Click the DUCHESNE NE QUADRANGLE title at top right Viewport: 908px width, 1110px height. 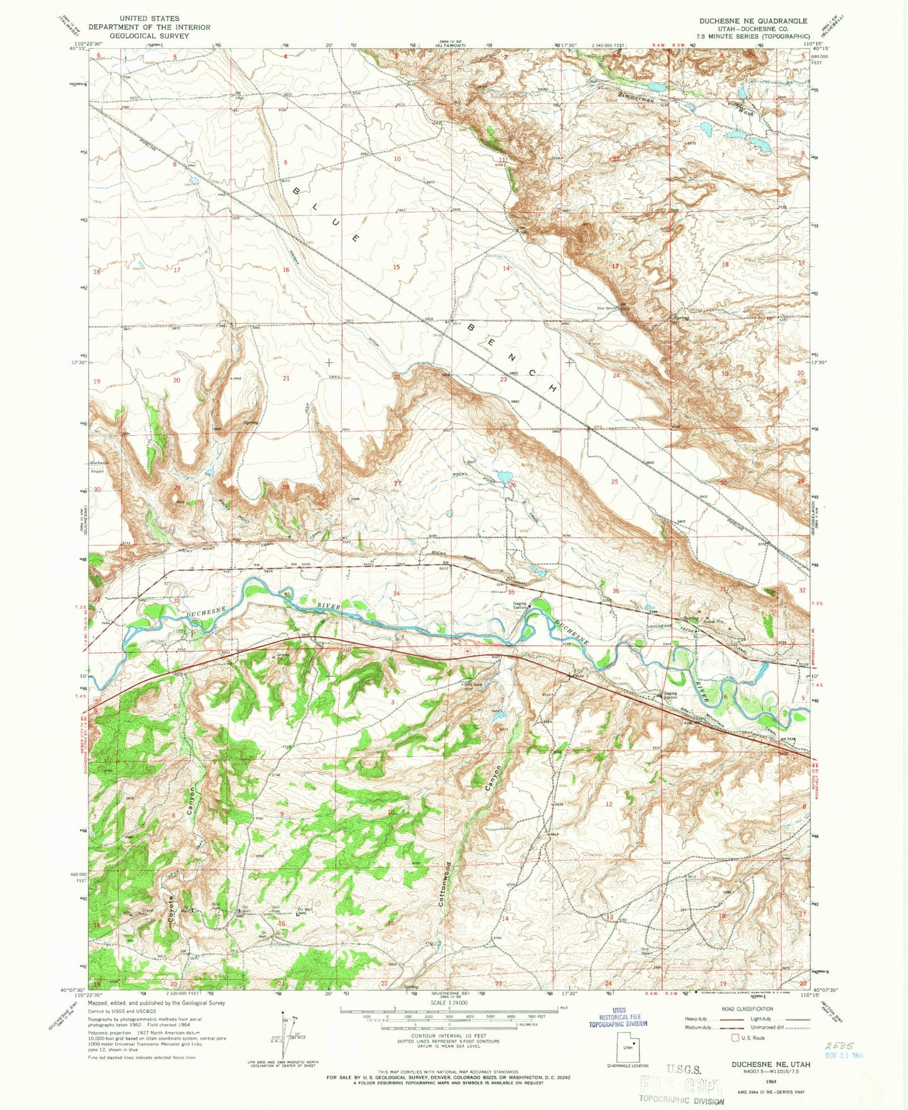[x=753, y=21]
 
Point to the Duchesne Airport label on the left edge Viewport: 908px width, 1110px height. [x=99, y=465]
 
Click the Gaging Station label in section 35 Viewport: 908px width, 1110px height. [x=519, y=606]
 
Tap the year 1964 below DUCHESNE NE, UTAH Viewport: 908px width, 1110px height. [x=770, y=1081]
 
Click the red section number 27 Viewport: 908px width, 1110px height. [x=397, y=483]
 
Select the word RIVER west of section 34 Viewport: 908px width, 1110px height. [x=329, y=607]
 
